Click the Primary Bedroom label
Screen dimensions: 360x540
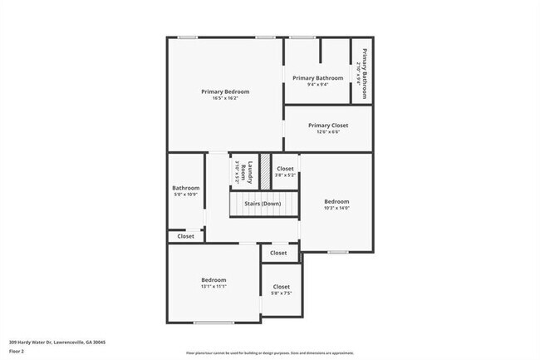(225, 91)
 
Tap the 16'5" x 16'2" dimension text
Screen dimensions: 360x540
(225, 98)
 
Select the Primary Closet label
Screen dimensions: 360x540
(327, 126)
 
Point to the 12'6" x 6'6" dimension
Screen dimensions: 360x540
(327, 132)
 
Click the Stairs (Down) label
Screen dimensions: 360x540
(262, 204)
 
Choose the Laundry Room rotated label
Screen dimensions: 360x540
(240, 171)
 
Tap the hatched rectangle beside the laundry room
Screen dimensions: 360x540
(266, 171)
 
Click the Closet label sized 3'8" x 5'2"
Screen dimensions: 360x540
(285, 169)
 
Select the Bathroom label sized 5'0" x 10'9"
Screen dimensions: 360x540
(185, 188)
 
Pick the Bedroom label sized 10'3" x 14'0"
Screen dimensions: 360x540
(336, 202)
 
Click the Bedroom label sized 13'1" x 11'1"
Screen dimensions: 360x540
(214, 280)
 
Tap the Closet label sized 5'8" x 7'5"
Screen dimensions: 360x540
(282, 288)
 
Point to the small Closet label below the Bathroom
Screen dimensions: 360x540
(185, 236)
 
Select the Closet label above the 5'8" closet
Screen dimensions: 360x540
(278, 253)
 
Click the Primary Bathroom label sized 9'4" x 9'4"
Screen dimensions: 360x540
(317, 78)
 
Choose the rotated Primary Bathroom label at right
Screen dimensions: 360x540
(361, 72)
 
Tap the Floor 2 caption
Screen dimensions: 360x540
(17, 352)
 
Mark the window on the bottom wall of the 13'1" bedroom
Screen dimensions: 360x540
(214, 323)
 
